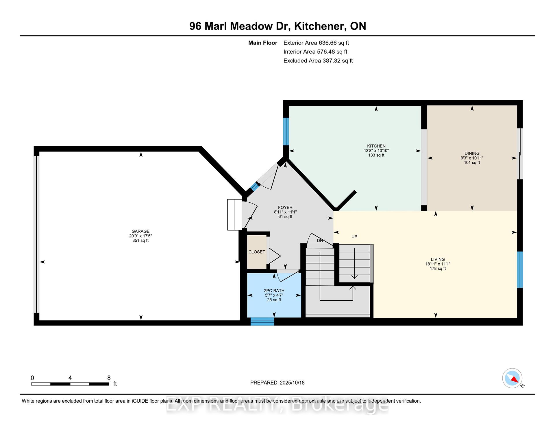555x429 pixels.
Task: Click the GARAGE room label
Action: coord(140,231)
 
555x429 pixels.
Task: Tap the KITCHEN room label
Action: coord(376,146)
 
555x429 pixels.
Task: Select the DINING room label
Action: coord(472,154)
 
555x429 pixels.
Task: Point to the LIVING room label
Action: coord(438,259)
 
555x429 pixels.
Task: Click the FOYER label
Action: coord(285,207)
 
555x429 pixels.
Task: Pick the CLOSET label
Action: coord(257,252)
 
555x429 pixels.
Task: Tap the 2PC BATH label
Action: coord(274,291)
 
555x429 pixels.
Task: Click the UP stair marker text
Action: coord(354,236)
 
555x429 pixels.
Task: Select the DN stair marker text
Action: coord(320,241)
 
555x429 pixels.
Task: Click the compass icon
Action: coord(512,378)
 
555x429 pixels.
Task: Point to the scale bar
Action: coord(70,384)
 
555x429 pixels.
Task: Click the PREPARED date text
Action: coord(277,382)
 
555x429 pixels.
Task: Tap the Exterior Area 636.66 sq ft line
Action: coord(316,43)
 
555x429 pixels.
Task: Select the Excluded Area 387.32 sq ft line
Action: coord(318,61)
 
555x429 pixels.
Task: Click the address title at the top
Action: coord(277,26)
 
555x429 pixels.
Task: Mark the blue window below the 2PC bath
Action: coord(262,321)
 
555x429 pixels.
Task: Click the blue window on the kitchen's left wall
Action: coord(286,131)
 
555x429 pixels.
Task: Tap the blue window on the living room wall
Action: coord(520,270)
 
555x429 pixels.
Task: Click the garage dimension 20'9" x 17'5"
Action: coord(140,236)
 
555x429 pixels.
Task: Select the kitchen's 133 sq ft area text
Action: coord(376,155)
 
